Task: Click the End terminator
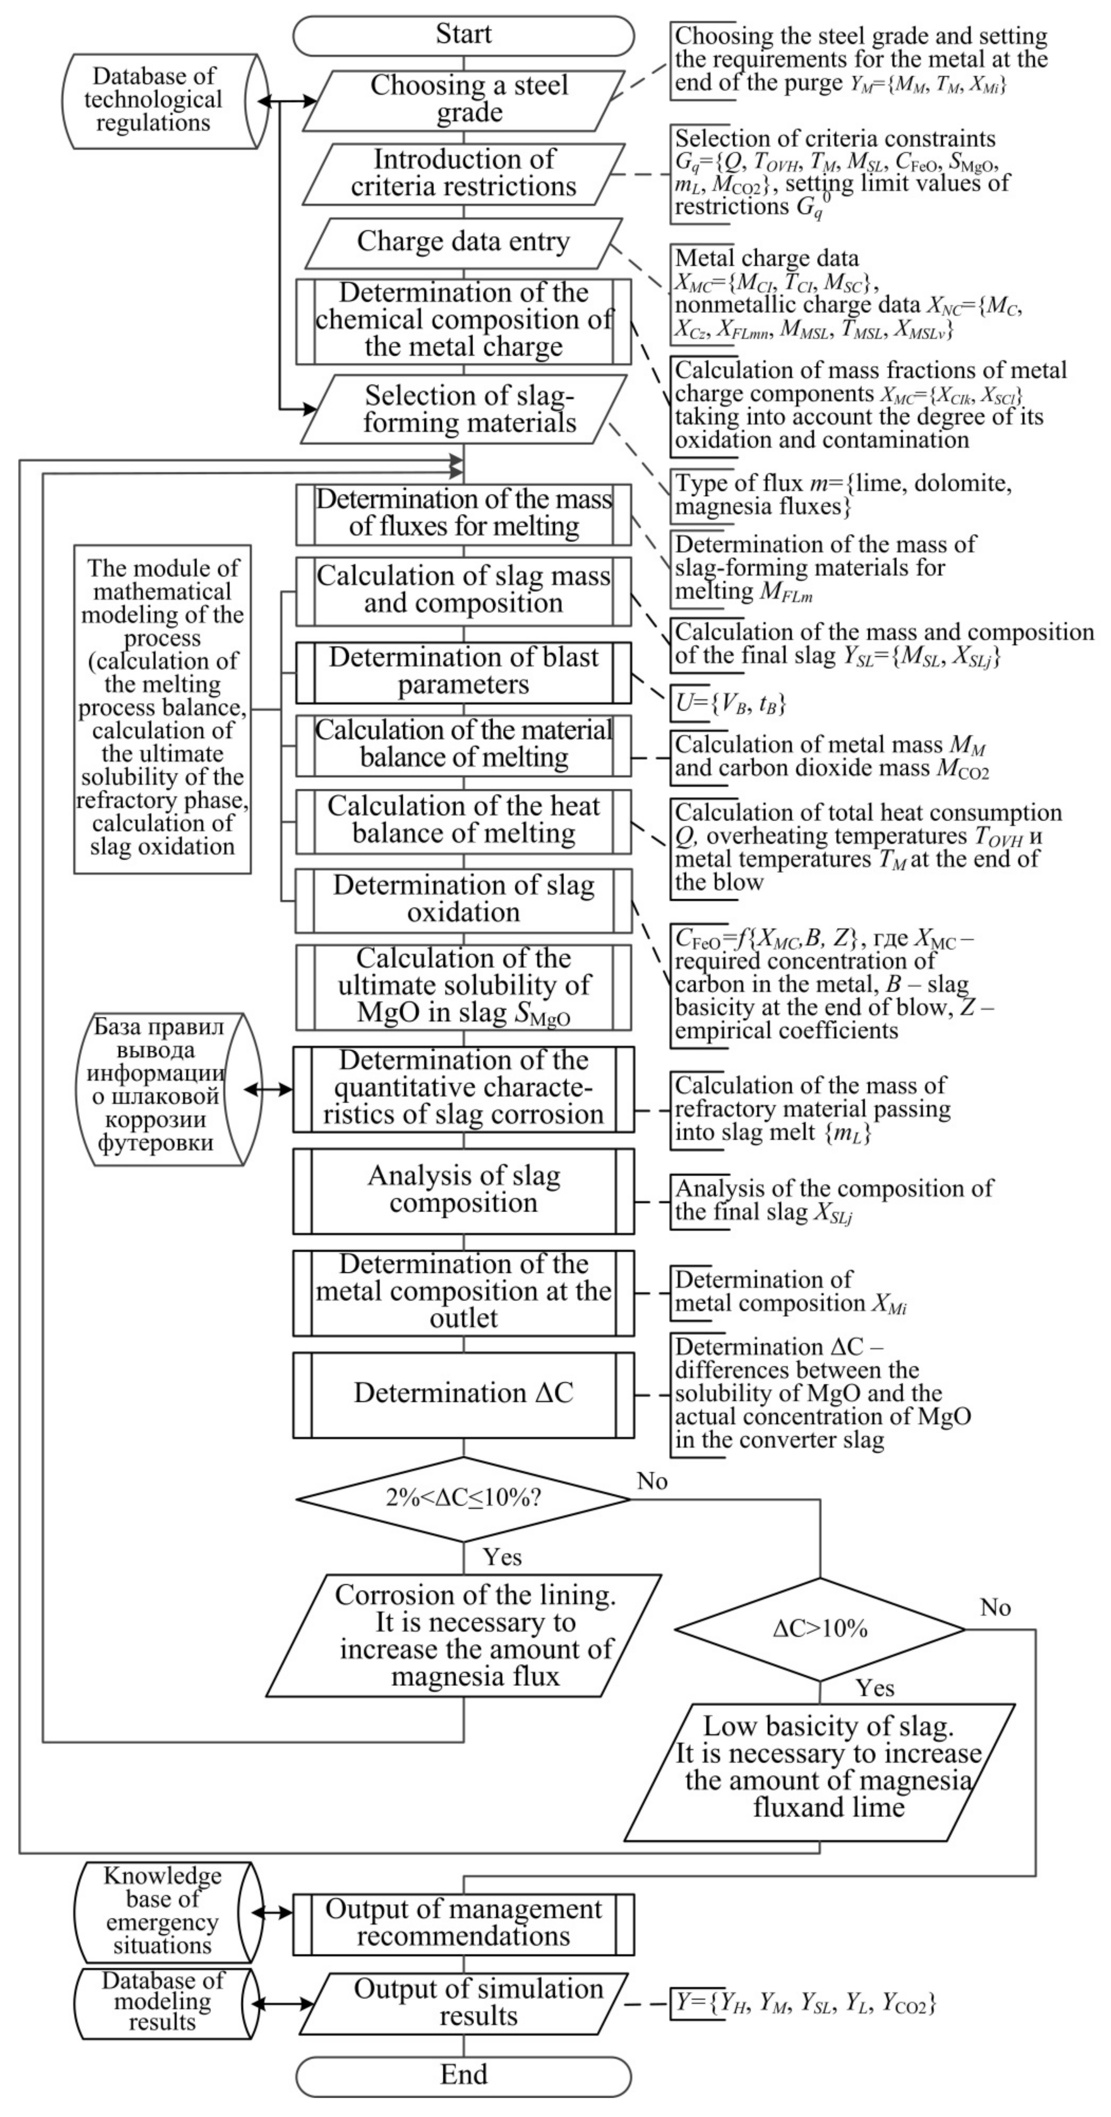point(463,2074)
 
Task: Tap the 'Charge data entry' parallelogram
point(463,242)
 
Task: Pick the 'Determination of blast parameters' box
point(463,671)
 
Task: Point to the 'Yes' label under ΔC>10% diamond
point(875,1688)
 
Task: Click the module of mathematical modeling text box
point(163,708)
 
